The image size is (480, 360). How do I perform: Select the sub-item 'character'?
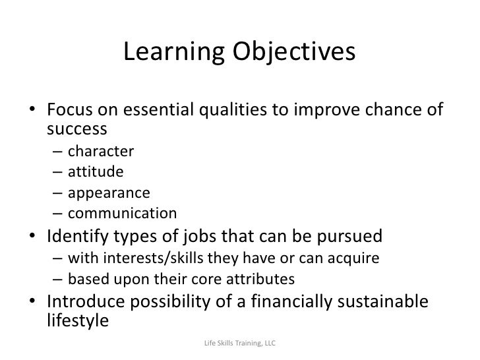click(101, 152)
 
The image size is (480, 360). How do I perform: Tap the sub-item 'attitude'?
click(96, 173)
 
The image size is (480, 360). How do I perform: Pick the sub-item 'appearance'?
click(109, 193)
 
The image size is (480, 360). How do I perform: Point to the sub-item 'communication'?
click(123, 214)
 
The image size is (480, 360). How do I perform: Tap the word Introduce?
click(91, 301)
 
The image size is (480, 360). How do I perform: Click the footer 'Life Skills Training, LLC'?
click(240, 344)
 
